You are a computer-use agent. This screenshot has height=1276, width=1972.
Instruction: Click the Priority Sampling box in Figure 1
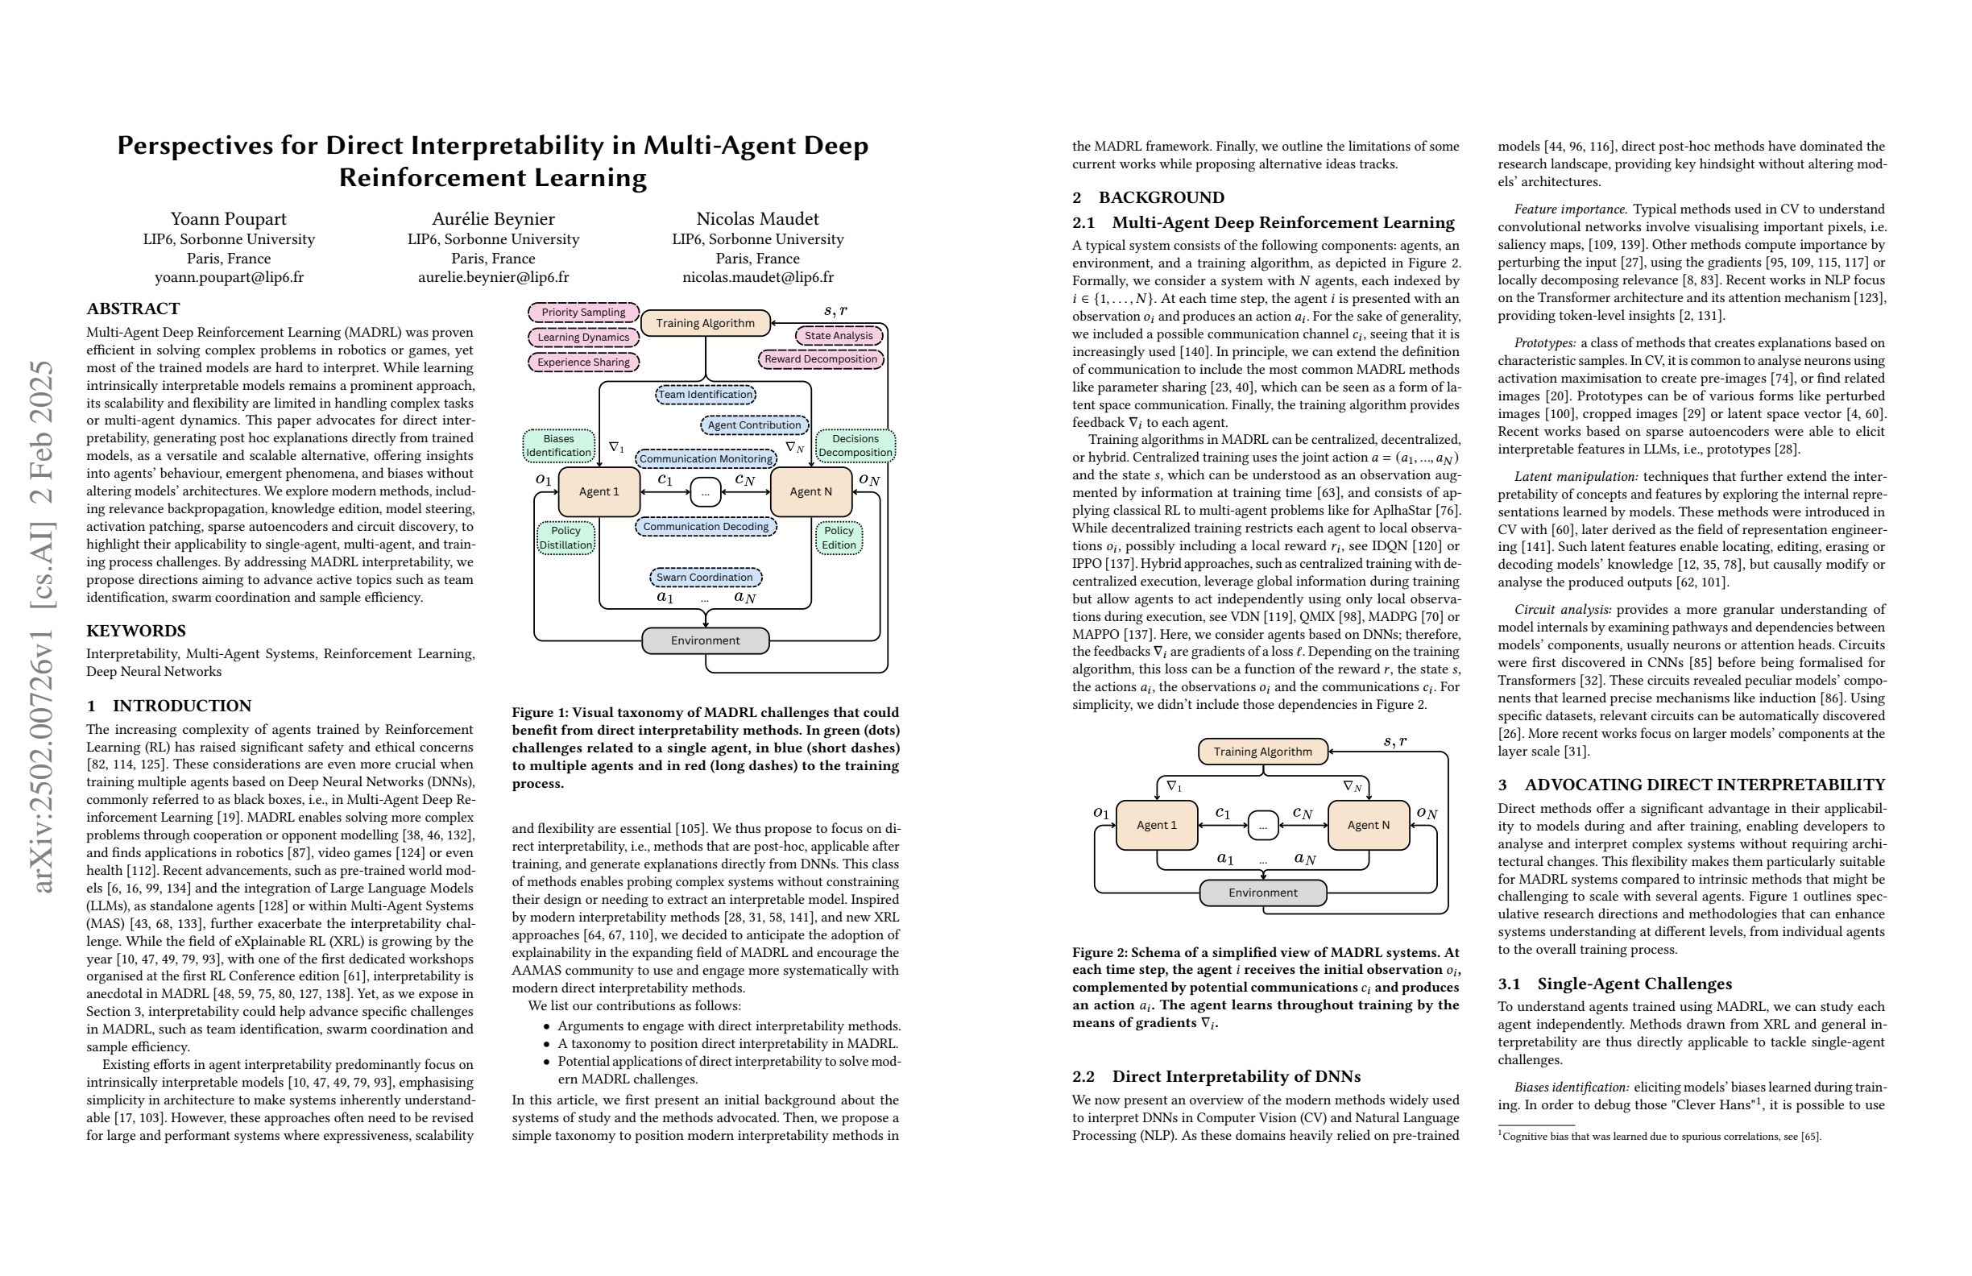pos(583,313)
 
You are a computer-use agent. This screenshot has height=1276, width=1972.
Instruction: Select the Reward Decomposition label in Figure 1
pos(820,358)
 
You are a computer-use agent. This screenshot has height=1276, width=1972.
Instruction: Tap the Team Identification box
pos(705,395)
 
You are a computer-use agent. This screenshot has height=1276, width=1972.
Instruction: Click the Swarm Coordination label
pos(705,578)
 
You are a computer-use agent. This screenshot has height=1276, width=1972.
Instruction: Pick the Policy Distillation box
pos(566,538)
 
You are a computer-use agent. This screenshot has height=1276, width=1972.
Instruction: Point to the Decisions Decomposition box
pos(855,445)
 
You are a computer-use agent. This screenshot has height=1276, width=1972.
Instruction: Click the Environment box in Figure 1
pos(705,640)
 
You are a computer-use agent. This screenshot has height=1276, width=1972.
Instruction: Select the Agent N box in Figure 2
pos(1368,825)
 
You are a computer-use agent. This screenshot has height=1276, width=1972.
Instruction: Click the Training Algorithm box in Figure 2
pos(1263,752)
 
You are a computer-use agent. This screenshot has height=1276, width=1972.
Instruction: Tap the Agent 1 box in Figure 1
pos(599,491)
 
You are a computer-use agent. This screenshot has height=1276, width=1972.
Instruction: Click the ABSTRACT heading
pos(134,309)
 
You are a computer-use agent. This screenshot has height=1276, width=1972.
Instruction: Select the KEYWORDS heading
pos(136,631)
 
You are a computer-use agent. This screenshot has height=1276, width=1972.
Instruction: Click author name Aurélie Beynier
pos(493,219)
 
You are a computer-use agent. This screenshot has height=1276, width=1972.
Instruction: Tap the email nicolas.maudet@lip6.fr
pos(757,278)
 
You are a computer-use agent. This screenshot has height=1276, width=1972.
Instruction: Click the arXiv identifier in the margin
pos(43,626)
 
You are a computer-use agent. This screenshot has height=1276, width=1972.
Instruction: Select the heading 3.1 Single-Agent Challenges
pos(1615,984)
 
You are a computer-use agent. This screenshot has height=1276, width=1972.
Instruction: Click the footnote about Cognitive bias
pos(1659,1137)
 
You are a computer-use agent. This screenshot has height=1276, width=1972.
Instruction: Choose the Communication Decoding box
pos(705,526)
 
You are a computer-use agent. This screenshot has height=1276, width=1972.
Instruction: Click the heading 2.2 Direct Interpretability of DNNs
pos(1216,1076)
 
